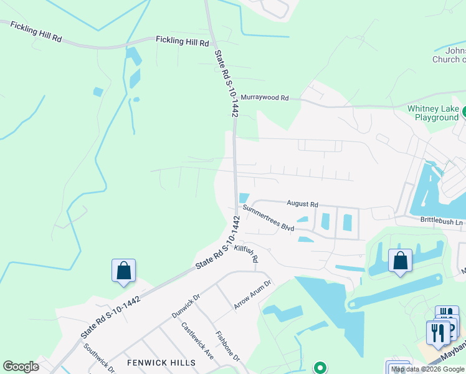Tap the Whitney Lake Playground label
tap(433, 113)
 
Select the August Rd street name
tap(302, 204)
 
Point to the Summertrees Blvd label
tap(268, 218)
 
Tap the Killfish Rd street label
tap(246, 253)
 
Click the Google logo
tap(21, 367)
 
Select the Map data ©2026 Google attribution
tap(428, 369)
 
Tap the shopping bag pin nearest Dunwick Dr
tap(123, 271)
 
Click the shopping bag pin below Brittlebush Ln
tap(400, 261)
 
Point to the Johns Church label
tap(449, 55)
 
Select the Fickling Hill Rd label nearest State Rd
tap(182, 41)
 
